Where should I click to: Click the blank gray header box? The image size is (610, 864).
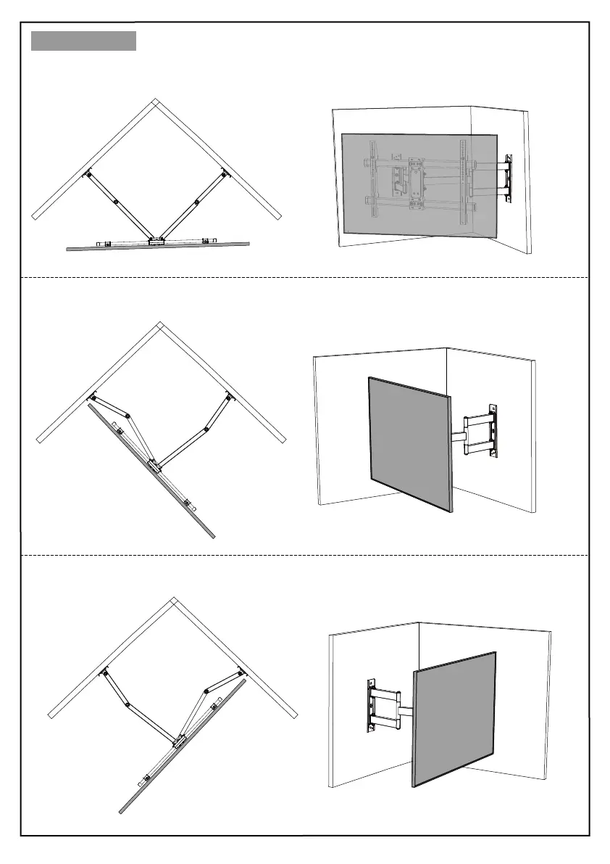click(x=83, y=41)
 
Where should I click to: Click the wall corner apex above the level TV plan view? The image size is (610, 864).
click(x=154, y=102)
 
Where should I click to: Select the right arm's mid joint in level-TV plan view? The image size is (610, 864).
click(x=196, y=201)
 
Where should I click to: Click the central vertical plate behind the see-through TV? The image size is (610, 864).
click(x=418, y=186)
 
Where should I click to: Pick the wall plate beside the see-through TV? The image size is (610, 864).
click(x=509, y=177)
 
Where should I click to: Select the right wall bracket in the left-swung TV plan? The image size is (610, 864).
click(x=228, y=395)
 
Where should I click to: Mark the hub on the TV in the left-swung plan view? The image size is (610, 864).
click(x=154, y=464)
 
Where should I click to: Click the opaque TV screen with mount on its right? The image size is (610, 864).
click(x=411, y=443)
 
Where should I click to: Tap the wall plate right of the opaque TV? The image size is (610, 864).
click(x=493, y=432)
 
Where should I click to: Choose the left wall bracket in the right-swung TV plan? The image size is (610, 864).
click(x=104, y=672)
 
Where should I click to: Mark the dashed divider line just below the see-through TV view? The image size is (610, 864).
click(x=304, y=277)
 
